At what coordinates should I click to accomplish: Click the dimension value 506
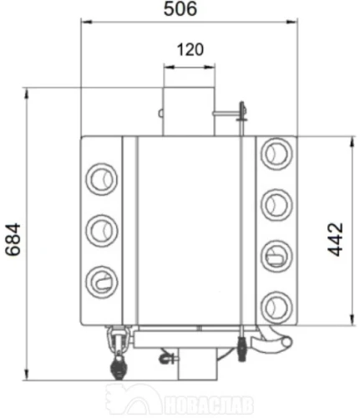coord(180,8)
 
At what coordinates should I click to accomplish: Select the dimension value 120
coord(190,50)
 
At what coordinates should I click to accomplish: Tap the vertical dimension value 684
coord(13,239)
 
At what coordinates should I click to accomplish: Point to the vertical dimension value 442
coord(335,239)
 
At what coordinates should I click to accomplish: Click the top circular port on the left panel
coord(102,179)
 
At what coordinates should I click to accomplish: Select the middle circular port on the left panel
coord(102,231)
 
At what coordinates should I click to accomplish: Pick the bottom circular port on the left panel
coord(102,282)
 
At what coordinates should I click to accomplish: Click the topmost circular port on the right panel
coord(276,154)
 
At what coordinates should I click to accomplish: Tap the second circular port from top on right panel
coord(276,205)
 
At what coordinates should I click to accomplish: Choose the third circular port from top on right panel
coord(276,256)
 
